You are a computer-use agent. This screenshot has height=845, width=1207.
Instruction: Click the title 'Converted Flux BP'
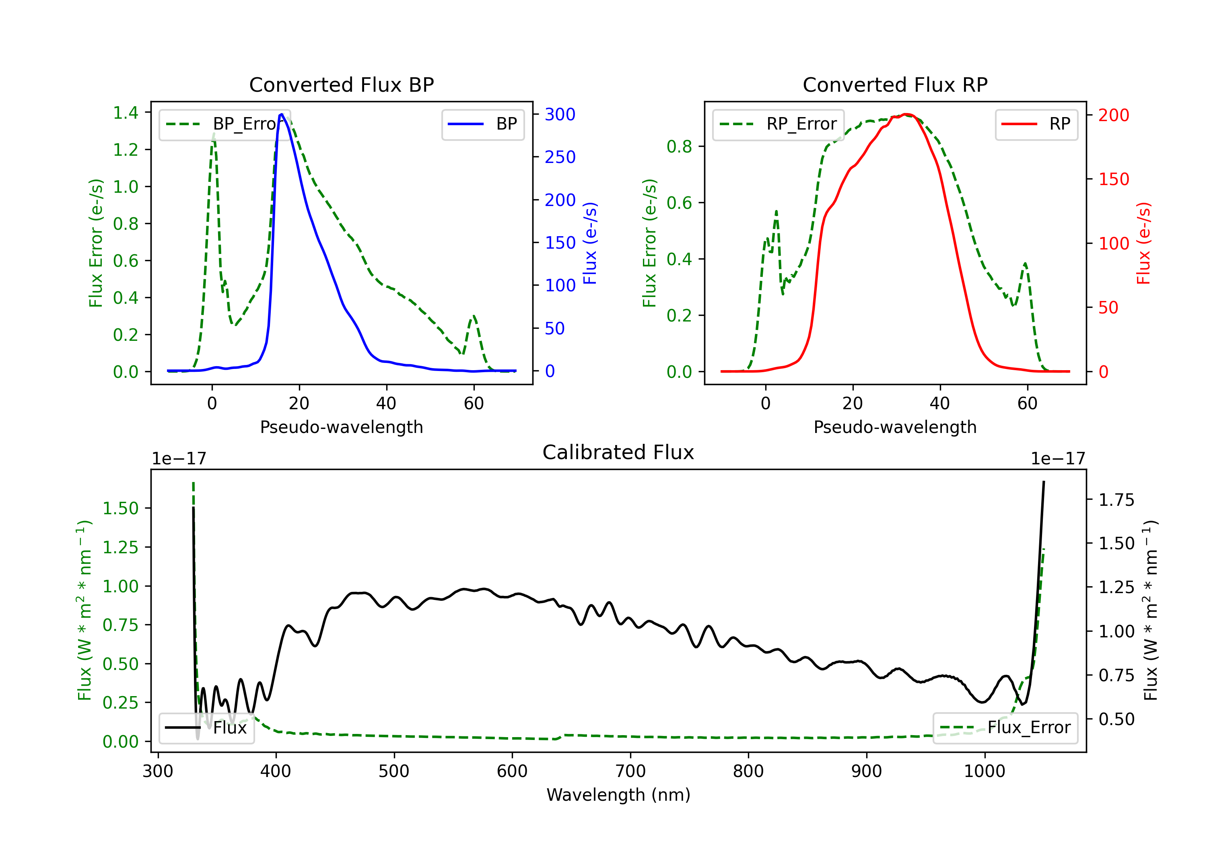click(342, 84)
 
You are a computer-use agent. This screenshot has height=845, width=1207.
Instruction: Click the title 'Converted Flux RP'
click(895, 84)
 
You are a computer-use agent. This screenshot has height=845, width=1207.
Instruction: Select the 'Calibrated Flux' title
click(618, 452)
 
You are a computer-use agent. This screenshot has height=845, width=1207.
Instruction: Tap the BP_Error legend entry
click(225, 124)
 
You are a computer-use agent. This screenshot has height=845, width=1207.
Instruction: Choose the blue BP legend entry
click(482, 124)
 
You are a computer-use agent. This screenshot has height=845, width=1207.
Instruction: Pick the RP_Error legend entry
click(778, 124)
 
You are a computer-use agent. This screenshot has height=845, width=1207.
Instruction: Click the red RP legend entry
click(1036, 124)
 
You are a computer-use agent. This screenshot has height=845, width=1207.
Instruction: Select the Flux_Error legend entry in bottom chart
click(1005, 728)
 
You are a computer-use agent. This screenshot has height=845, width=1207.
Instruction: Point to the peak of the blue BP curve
click(282, 114)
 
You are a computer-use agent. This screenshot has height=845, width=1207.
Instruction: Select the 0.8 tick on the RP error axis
click(679, 147)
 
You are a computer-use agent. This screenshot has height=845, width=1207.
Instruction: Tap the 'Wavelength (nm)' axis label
click(618, 795)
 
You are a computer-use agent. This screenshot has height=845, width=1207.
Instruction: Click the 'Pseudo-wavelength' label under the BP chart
click(342, 427)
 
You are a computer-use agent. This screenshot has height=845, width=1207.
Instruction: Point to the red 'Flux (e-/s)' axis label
click(1143, 243)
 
